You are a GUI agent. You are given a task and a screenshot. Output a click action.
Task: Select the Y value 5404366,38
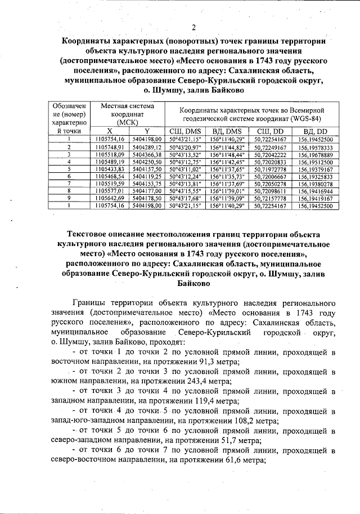point(147,154)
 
